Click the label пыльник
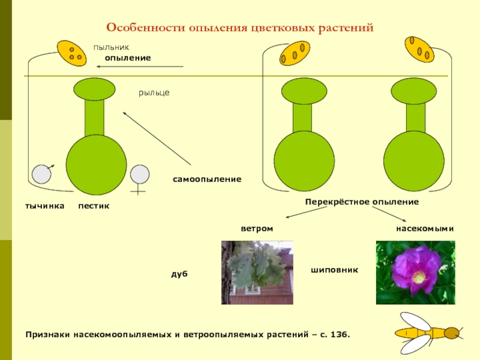[x=111, y=47]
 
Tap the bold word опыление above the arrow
[x=128, y=58]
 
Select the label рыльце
[x=154, y=92]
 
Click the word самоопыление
[x=207, y=179]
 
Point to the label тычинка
[x=44, y=206]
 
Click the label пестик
[x=94, y=206]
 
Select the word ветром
[x=257, y=229]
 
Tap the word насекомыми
[x=425, y=229]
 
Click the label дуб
[x=179, y=274]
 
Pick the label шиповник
[x=334, y=270]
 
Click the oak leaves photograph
[x=257, y=272]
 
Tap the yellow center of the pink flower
[x=418, y=278]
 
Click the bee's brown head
[x=452, y=333]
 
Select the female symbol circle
[x=140, y=174]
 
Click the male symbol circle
[x=41, y=174]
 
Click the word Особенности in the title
[x=146, y=28]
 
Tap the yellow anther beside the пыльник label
[x=71, y=53]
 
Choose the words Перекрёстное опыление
[x=362, y=202]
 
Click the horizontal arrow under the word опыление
[x=140, y=67]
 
